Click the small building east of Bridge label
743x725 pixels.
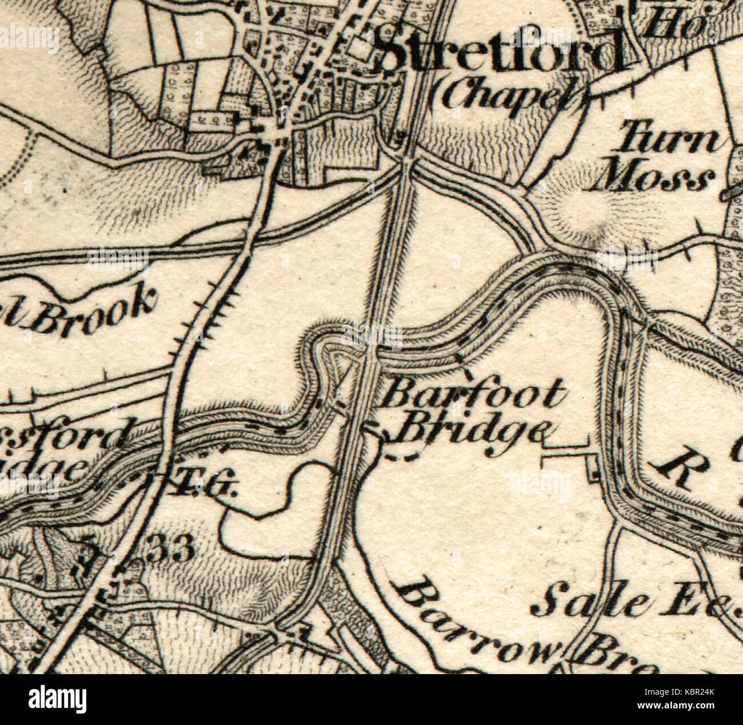[592, 471]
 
